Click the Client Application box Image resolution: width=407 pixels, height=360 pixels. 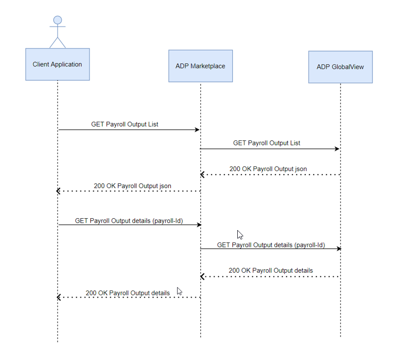click(x=58, y=64)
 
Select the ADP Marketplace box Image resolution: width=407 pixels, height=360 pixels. click(x=201, y=65)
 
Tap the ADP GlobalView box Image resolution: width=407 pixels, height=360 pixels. click(x=340, y=67)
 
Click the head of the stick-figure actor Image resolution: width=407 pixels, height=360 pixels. click(x=58, y=20)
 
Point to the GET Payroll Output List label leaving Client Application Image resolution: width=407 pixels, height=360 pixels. click(x=125, y=124)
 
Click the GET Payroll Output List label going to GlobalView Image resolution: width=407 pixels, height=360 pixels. click(x=267, y=143)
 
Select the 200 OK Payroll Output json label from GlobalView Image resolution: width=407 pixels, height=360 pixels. click(x=268, y=169)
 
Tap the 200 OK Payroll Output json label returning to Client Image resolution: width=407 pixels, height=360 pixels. click(x=133, y=186)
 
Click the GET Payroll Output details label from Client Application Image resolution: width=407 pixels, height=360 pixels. click(x=129, y=220)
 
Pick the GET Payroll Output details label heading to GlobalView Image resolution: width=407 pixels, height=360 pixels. click(x=271, y=244)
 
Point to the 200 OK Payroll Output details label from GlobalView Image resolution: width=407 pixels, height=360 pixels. click(x=271, y=270)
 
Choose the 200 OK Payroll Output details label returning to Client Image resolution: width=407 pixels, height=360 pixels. click(x=128, y=293)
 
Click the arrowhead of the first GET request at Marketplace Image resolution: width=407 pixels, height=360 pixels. click(x=198, y=130)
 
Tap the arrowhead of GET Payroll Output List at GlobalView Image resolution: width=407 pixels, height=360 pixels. click(x=338, y=149)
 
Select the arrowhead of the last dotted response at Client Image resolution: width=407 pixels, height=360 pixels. click(x=59, y=298)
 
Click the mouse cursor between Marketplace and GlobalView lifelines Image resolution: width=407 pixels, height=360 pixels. click(x=240, y=235)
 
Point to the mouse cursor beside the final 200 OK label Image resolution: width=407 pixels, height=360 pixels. click(x=179, y=291)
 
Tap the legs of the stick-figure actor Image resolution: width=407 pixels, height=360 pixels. click(x=58, y=43)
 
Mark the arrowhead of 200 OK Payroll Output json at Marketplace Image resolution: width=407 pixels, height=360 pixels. click(x=203, y=175)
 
